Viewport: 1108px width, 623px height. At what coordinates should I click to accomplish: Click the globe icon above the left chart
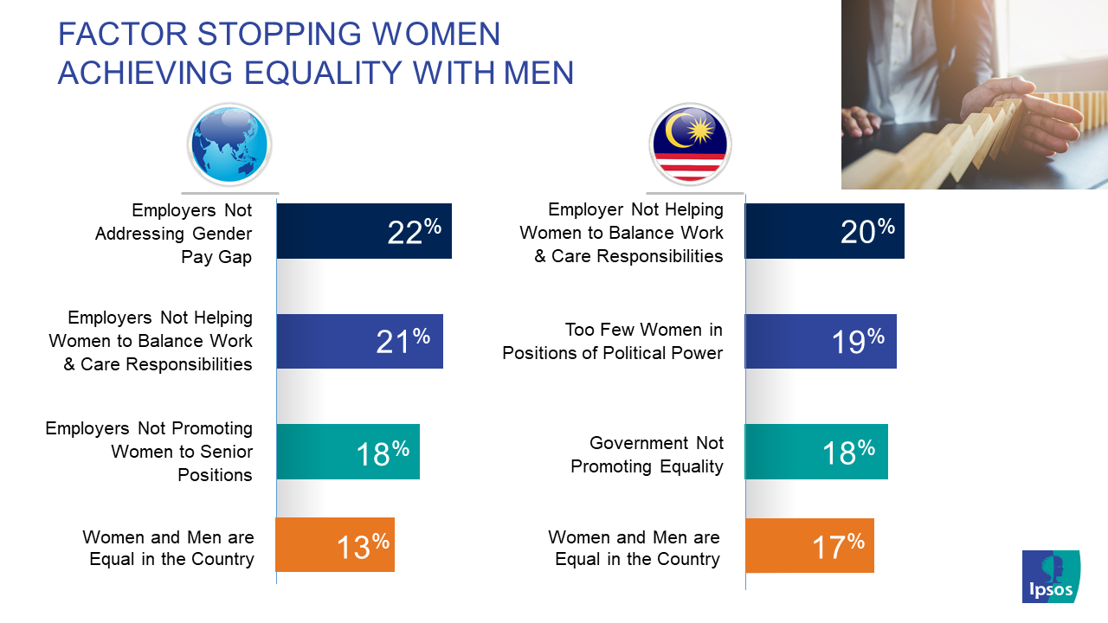[229, 145]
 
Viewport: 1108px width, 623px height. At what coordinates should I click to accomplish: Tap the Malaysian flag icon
[690, 145]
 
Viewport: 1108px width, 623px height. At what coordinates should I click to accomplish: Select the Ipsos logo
[1051, 576]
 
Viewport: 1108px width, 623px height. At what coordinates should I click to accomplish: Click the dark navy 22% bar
[364, 231]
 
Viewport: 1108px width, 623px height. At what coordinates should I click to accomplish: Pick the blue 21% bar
[359, 341]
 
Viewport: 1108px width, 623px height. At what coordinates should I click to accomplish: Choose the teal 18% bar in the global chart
[348, 452]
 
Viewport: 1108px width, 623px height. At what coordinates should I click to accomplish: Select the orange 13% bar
[335, 544]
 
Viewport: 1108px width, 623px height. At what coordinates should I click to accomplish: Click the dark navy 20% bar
[825, 231]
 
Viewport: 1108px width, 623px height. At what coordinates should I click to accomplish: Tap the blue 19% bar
[821, 341]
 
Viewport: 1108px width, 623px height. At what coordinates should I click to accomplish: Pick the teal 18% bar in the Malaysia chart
[816, 452]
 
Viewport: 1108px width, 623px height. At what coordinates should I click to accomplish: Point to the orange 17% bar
[809, 545]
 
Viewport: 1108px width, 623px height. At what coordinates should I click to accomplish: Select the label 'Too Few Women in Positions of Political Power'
[612, 341]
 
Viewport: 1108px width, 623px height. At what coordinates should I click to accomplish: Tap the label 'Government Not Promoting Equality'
[647, 454]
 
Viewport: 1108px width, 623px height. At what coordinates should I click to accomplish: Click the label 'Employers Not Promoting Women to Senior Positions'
[149, 452]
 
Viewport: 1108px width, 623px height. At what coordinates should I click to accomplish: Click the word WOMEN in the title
[435, 34]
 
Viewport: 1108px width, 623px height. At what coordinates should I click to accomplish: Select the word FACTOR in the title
[123, 34]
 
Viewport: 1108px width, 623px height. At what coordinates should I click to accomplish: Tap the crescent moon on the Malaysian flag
[673, 131]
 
